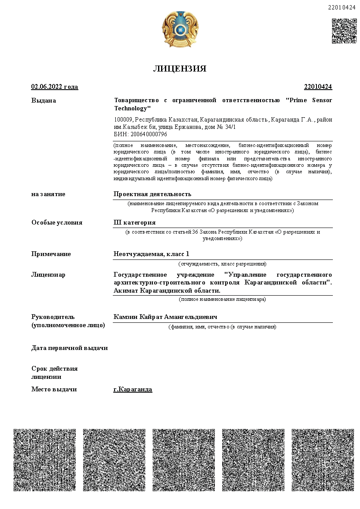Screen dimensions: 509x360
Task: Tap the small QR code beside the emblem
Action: (344, 31)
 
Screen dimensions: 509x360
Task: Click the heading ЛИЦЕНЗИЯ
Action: (180, 69)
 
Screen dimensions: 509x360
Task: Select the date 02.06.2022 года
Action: (55, 87)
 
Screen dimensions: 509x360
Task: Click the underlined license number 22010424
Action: (318, 87)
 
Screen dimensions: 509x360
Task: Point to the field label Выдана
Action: (43, 100)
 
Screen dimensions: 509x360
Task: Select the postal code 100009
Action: (123, 119)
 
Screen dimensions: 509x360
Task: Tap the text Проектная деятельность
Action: (152, 194)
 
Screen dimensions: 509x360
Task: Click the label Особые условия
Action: (57, 222)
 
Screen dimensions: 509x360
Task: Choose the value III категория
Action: (134, 222)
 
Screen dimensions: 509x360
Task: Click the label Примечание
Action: (51, 254)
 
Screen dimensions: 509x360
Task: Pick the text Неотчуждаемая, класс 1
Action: (151, 254)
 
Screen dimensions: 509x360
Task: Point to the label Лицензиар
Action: (48, 275)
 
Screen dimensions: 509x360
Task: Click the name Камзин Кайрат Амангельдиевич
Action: (165, 317)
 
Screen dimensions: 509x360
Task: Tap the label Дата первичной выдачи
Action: (69, 348)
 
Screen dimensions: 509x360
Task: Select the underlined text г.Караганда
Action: (133, 389)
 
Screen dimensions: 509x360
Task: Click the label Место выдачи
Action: (54, 389)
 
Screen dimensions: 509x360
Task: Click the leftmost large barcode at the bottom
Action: (45, 460)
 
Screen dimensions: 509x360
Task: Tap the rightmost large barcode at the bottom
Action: (323, 460)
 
